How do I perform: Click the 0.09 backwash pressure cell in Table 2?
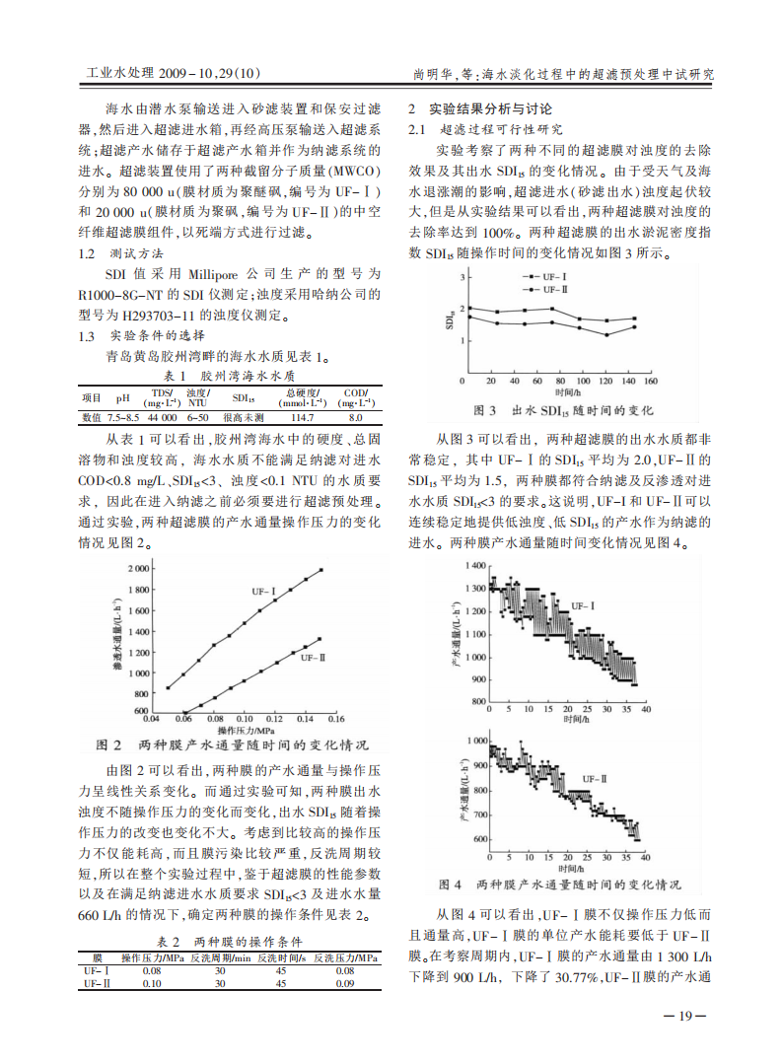(x=343, y=983)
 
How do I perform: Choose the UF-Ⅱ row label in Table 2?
(x=96, y=983)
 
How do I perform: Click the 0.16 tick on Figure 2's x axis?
(x=334, y=720)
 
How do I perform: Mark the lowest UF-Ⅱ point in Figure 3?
(x=606, y=334)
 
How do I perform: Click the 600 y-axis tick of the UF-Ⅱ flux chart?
(x=478, y=839)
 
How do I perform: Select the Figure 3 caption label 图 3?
(x=484, y=408)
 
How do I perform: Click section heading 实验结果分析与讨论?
(x=490, y=107)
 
